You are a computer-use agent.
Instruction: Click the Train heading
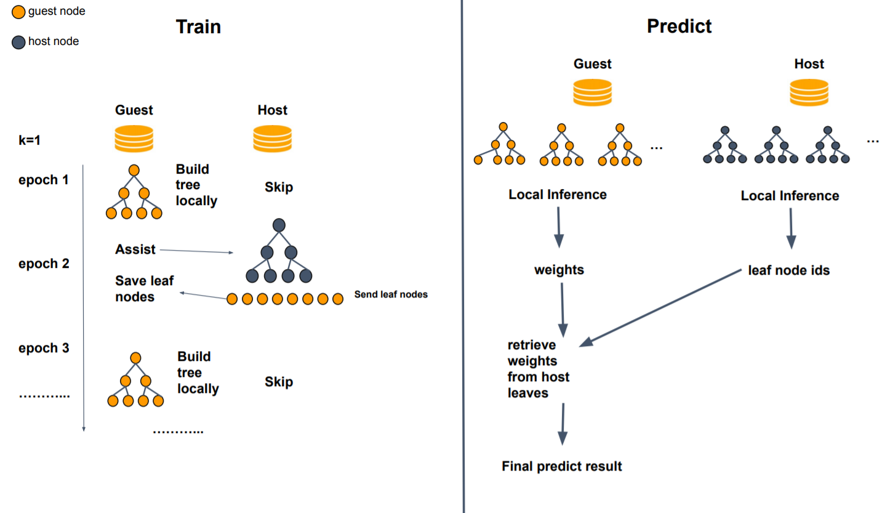pyautogui.click(x=198, y=26)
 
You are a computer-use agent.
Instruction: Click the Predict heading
pyautogui.click(x=679, y=26)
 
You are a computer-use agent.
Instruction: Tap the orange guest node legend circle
pyautogui.click(x=18, y=11)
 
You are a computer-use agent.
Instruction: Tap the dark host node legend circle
pyautogui.click(x=18, y=42)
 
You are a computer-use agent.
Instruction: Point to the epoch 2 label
pyautogui.click(x=44, y=264)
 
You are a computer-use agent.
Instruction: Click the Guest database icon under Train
pyautogui.click(x=134, y=139)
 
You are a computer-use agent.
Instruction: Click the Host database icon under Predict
pyautogui.click(x=809, y=92)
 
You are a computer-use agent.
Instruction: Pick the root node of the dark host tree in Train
pyautogui.click(x=278, y=225)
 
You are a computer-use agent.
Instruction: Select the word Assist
pyautogui.click(x=135, y=249)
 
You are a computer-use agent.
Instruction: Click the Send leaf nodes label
pyautogui.click(x=391, y=294)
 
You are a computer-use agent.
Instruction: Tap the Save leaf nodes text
pyautogui.click(x=144, y=289)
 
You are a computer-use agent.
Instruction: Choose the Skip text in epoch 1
pyautogui.click(x=279, y=188)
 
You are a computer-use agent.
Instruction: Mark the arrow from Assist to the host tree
pyautogui.click(x=196, y=251)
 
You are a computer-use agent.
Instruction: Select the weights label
pyautogui.click(x=559, y=270)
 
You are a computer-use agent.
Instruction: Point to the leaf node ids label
pyautogui.click(x=788, y=270)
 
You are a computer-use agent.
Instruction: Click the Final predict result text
pyautogui.click(x=562, y=466)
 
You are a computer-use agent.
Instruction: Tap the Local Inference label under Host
pyautogui.click(x=790, y=196)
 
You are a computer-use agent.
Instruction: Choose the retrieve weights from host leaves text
pyautogui.click(x=539, y=368)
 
